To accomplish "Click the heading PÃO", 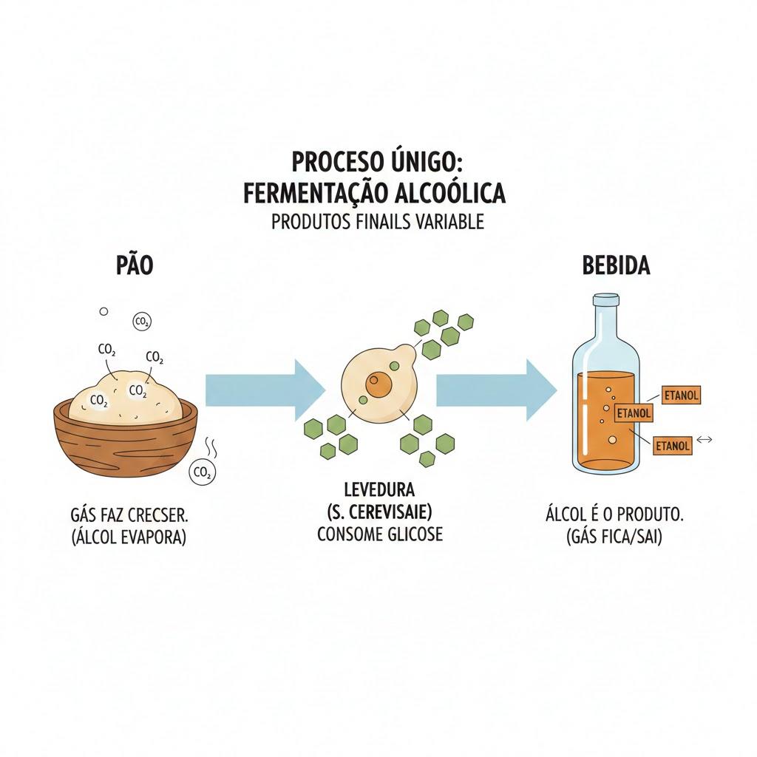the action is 135,265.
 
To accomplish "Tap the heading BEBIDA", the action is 616,265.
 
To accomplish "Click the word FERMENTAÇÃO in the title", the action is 315,193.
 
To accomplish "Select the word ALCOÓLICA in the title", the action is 450,192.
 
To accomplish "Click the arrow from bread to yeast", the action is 265,390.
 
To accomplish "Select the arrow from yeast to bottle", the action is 497,390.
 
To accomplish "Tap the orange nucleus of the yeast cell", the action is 378,384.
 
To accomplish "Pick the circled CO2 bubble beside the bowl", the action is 202,473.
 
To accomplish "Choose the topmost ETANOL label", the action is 681,395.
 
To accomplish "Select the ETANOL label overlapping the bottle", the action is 634,413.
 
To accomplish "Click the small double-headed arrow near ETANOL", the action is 705,439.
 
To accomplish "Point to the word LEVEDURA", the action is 379,489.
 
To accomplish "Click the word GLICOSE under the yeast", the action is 415,534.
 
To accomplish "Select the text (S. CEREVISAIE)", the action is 379,512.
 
